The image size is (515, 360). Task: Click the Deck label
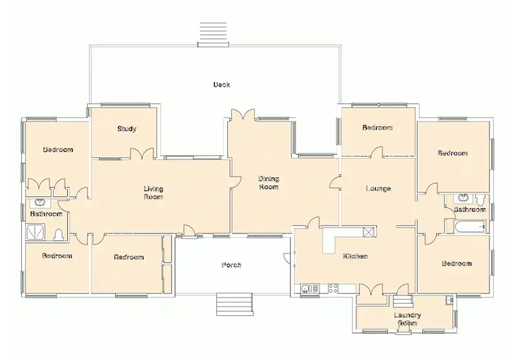click(x=221, y=85)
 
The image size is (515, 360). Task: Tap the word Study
click(x=126, y=129)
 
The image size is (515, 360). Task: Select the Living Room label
click(x=153, y=192)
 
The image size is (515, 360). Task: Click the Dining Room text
click(x=268, y=183)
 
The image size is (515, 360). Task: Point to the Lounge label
click(x=378, y=189)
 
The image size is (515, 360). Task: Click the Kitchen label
click(x=355, y=256)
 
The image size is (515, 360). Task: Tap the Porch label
click(x=231, y=265)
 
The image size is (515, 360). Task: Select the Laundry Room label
click(x=407, y=319)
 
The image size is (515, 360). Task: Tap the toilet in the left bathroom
click(x=59, y=236)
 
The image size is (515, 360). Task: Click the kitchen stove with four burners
click(x=334, y=289)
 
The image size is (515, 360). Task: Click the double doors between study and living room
click(x=142, y=154)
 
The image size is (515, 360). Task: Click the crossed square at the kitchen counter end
click(x=369, y=232)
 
